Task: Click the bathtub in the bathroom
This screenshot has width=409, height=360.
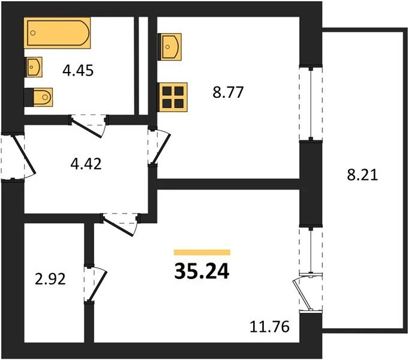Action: pos(57,33)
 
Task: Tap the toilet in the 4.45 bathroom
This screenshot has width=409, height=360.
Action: pos(38,97)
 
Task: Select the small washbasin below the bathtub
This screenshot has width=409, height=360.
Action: pos(33,67)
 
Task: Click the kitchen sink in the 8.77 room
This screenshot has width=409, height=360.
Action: pos(170,47)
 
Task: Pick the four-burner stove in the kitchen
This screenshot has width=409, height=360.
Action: pos(173,97)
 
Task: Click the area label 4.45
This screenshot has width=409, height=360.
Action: pos(78,70)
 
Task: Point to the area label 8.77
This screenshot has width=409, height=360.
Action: pos(228,92)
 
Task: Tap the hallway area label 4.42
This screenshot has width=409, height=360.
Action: pos(86,164)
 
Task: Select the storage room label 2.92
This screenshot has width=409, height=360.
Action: pos(50,279)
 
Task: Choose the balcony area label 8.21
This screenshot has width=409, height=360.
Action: pos(362,175)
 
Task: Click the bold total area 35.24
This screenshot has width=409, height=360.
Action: pos(202,271)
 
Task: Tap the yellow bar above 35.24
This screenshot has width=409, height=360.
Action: pos(202,252)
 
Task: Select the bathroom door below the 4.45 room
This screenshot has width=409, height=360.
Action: pos(88,126)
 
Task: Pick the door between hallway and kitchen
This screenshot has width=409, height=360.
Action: pos(158,147)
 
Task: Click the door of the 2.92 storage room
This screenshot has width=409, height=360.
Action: pos(95,284)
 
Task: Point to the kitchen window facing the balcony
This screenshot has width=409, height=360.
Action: pos(311,104)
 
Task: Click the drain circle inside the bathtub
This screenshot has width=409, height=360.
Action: pos(32,33)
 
